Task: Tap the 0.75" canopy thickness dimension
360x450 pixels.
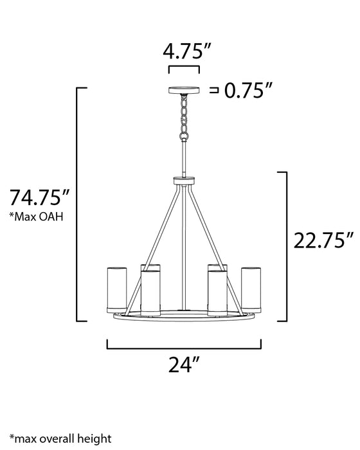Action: click(x=248, y=90)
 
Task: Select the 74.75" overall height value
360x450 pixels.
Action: click(x=39, y=197)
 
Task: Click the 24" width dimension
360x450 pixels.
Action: click(x=183, y=364)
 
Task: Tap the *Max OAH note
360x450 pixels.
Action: click(x=37, y=217)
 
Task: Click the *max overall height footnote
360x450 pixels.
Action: click(x=60, y=438)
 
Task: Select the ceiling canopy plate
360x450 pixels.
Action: click(x=184, y=91)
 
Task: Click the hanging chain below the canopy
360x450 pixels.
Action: click(x=184, y=117)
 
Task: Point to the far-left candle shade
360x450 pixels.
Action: click(x=117, y=290)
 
